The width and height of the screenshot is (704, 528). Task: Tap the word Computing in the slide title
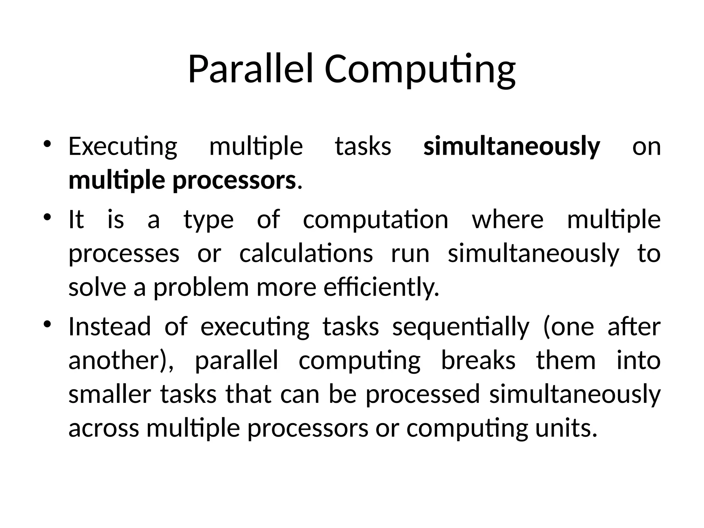pyautogui.click(x=420, y=69)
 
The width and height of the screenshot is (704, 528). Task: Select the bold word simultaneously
pyautogui.click(x=511, y=146)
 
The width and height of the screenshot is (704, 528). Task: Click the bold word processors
pyautogui.click(x=234, y=181)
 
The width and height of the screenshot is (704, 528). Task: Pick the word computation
pyautogui.click(x=375, y=220)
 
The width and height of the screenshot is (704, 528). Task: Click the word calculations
pyautogui.click(x=306, y=254)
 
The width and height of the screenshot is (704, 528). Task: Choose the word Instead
pyautogui.click(x=110, y=327)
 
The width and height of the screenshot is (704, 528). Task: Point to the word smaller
pyautogui.click(x=110, y=394)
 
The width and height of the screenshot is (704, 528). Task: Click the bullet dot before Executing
pyautogui.click(x=47, y=144)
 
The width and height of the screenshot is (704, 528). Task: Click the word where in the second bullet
pyautogui.click(x=507, y=220)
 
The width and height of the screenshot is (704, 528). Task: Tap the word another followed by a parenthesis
pyautogui.click(x=117, y=361)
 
